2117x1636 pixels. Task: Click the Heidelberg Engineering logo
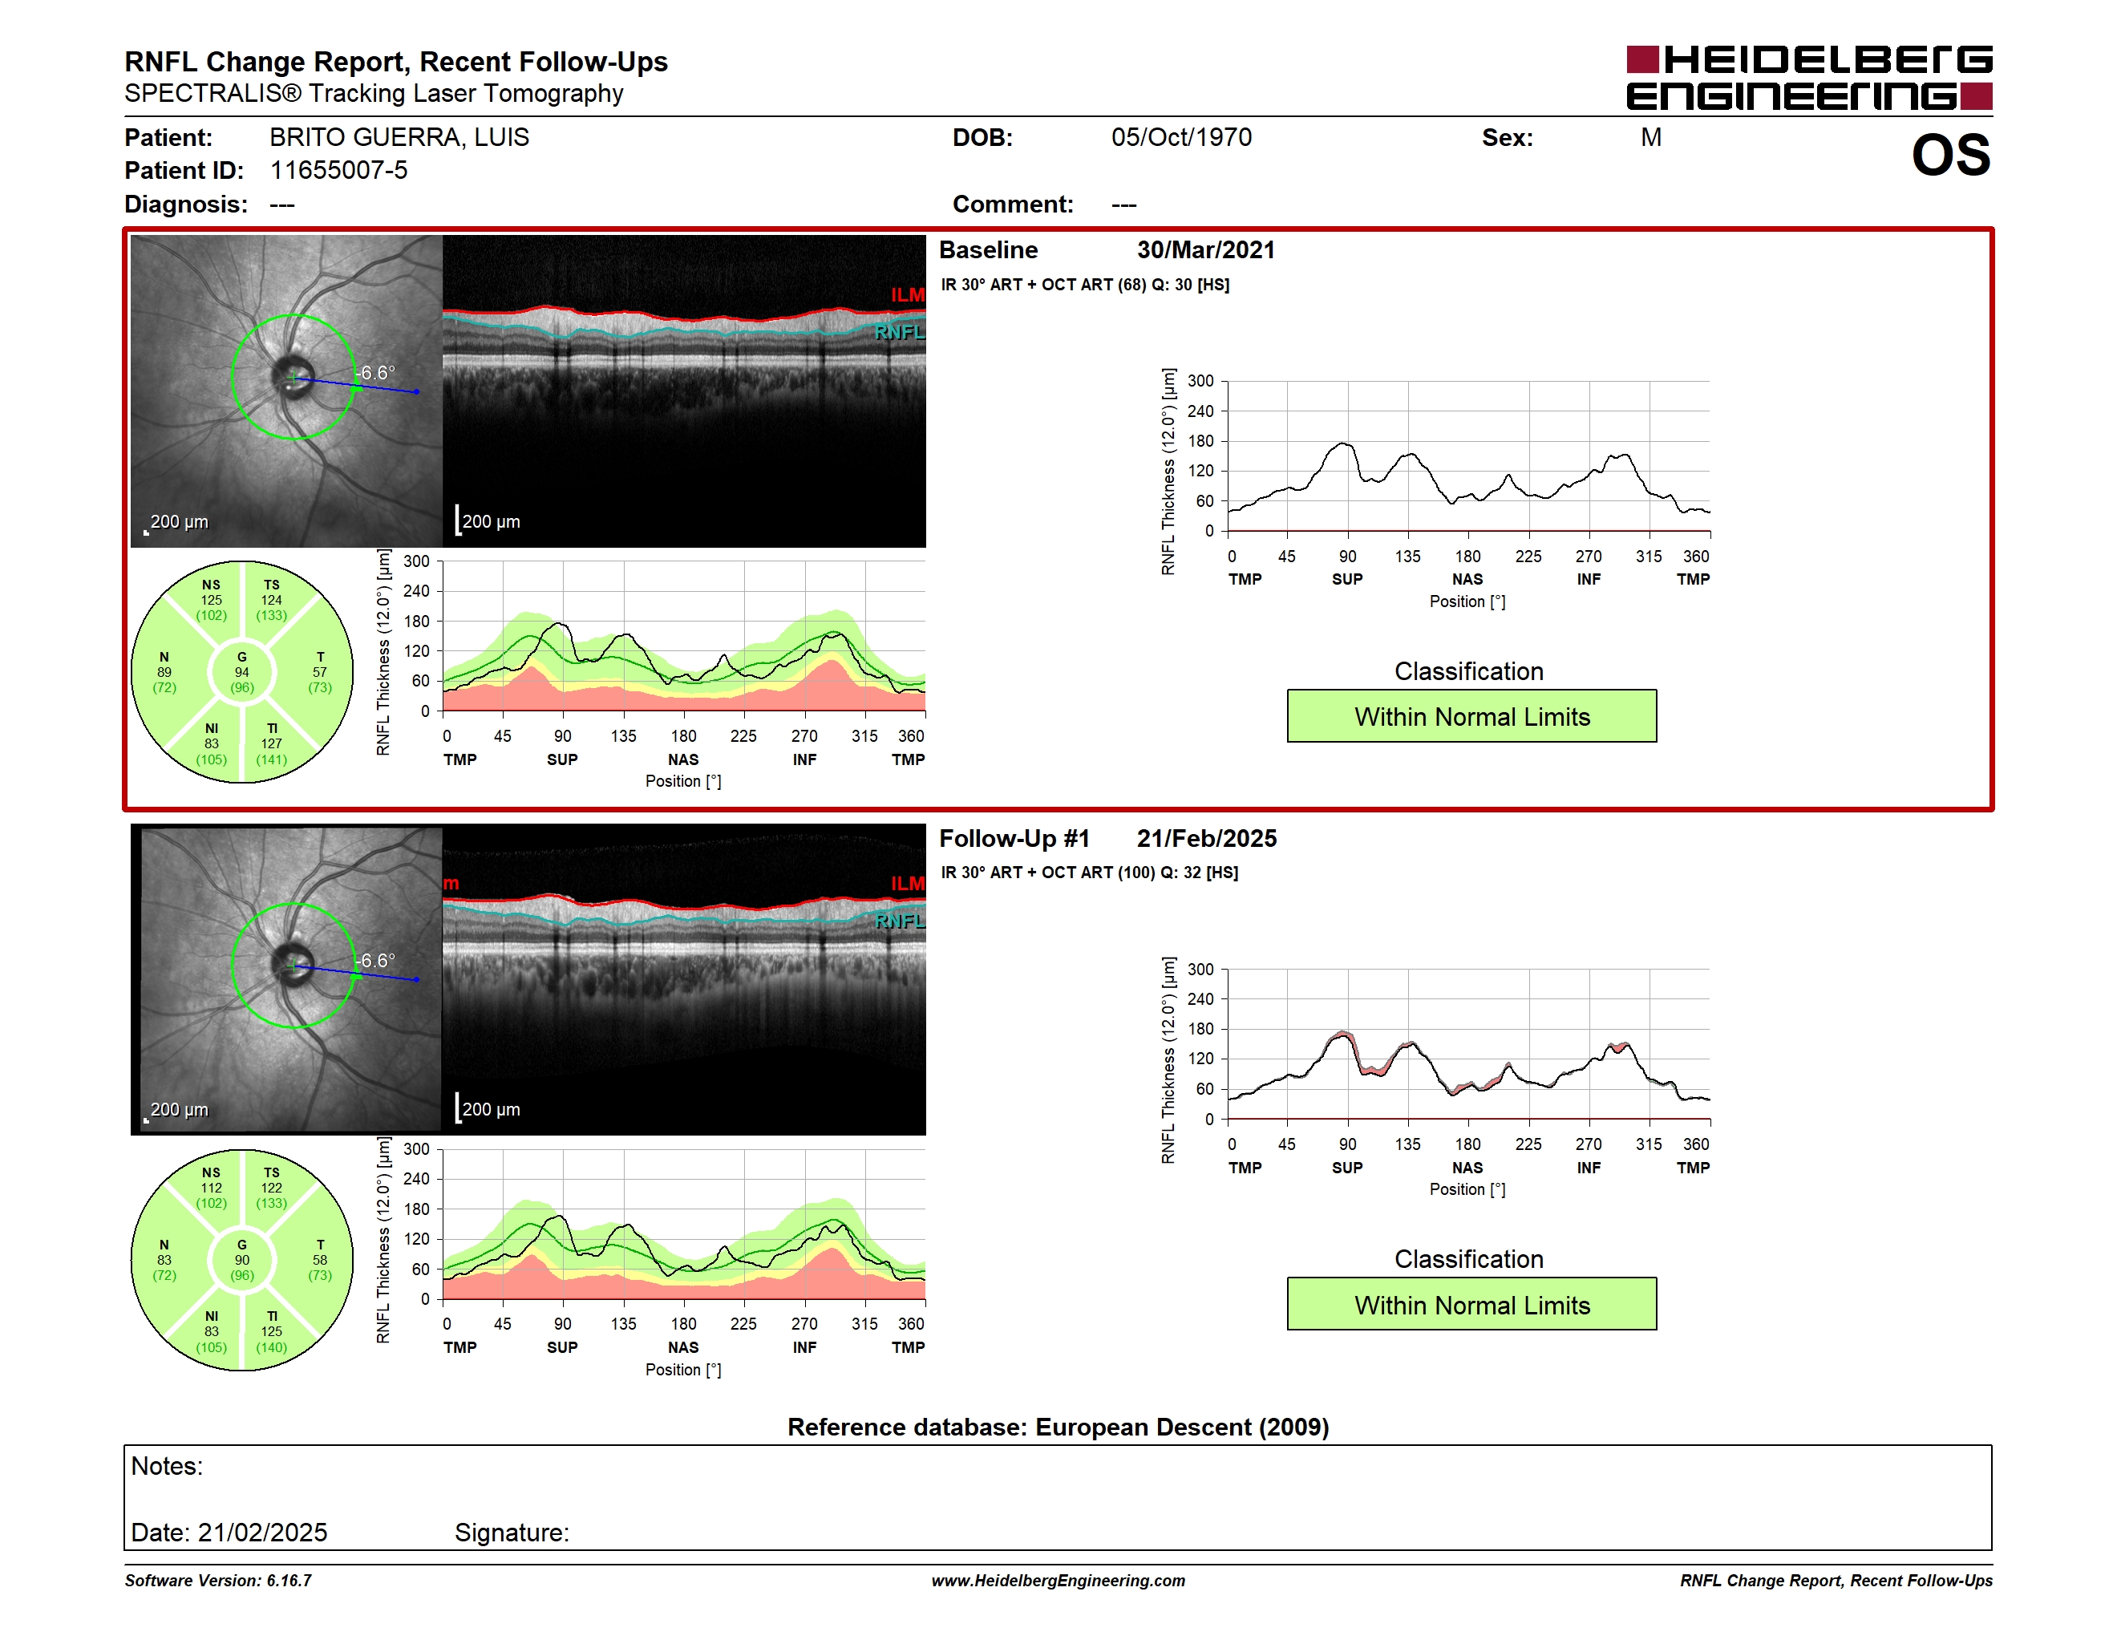tap(1809, 78)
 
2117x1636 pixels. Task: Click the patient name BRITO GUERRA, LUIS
tap(399, 138)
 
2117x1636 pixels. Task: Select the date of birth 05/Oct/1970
tap(1180, 138)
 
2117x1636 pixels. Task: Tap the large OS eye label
tap(1950, 155)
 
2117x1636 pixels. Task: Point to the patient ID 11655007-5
tap(338, 171)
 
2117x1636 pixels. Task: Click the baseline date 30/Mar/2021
tap(1206, 250)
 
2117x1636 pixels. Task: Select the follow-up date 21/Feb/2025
tap(1207, 838)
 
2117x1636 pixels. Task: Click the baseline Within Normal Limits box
tap(1471, 716)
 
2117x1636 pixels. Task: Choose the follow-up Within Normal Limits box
tap(1471, 1305)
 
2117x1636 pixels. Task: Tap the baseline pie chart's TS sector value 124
tap(271, 600)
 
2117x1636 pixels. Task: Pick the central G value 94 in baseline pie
tap(242, 672)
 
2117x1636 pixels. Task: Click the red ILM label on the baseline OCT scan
tap(907, 294)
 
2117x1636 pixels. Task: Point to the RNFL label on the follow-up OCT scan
tap(900, 921)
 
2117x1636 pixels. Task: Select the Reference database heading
tap(1058, 1427)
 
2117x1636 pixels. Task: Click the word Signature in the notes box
tap(512, 1533)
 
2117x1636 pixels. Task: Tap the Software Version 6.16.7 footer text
tap(218, 1581)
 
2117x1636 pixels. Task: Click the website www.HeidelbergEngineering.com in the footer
tap(1058, 1581)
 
